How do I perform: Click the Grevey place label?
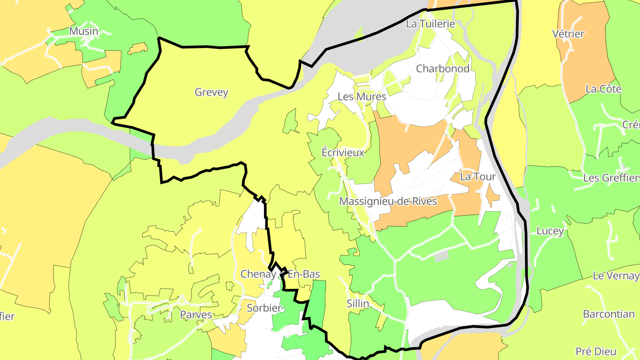pos(212,92)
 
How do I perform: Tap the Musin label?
pos(83,31)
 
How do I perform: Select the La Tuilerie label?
pos(431,24)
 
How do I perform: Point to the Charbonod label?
pos(443,68)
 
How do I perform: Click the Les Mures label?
pos(356,96)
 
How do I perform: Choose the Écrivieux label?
pos(343,152)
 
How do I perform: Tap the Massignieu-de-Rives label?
pos(388,201)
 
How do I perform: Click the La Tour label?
pos(477,176)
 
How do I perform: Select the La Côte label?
pos(603,89)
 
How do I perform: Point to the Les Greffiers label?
pos(611,178)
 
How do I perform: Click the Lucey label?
pos(550,231)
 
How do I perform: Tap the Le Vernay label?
pos(616,276)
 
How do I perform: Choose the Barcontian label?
pos(608,314)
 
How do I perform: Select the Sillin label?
pos(358,304)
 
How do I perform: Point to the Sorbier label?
pos(264,308)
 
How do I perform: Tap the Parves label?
pos(196,315)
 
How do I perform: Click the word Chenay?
pos(258,274)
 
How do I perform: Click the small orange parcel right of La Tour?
pos(491,196)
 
